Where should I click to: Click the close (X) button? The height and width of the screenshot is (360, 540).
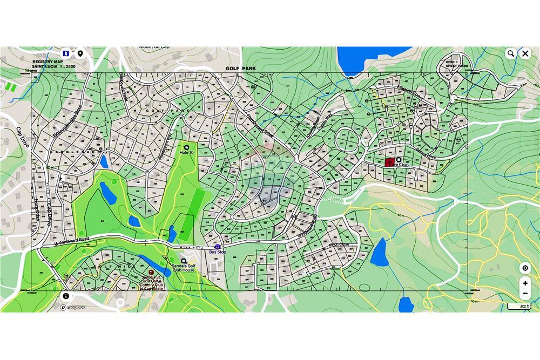click(x=525, y=53)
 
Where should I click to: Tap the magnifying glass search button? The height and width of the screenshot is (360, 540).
click(x=510, y=53)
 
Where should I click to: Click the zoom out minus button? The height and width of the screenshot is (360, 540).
click(x=525, y=294)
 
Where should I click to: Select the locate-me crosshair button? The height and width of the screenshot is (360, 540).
click(x=525, y=268)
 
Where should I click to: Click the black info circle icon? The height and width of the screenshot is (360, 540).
click(x=66, y=296)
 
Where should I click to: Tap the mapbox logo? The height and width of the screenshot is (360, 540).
click(x=73, y=307)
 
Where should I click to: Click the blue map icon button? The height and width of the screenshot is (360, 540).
click(x=66, y=53)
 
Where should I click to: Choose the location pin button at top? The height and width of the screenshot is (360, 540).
click(x=80, y=53)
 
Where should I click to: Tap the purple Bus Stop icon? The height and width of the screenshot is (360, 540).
click(x=218, y=247)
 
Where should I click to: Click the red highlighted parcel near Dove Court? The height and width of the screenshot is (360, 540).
click(x=389, y=161)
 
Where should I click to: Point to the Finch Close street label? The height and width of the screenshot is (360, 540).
click(x=340, y=245)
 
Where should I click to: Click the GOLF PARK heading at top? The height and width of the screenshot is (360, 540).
click(x=241, y=69)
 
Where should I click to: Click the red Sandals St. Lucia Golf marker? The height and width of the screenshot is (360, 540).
click(x=151, y=273)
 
